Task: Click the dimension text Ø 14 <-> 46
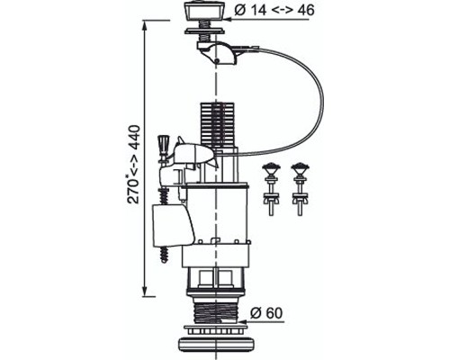pyautogui.click(x=274, y=10)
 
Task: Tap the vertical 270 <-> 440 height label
pyautogui.click(x=133, y=165)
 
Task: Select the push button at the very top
pyautogui.click(x=207, y=12)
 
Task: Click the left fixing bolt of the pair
pyautogui.click(x=271, y=189)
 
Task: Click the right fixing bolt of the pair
pyautogui.click(x=299, y=189)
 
